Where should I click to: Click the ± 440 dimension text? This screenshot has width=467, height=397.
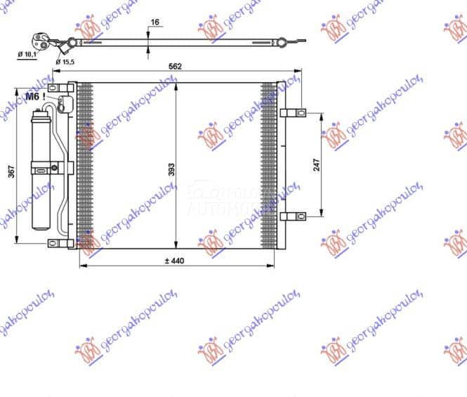pyautogui.click(x=173, y=261)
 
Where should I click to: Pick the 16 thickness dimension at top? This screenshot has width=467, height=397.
pyautogui.click(x=154, y=22)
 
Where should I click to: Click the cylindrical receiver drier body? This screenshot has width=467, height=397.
pyautogui.click(x=42, y=169)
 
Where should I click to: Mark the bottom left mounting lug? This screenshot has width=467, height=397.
pyautogui.click(x=60, y=243)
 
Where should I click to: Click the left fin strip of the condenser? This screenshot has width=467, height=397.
pyautogui.click(x=85, y=165)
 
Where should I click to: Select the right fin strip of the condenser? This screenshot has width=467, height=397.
pyautogui.click(x=269, y=165)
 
